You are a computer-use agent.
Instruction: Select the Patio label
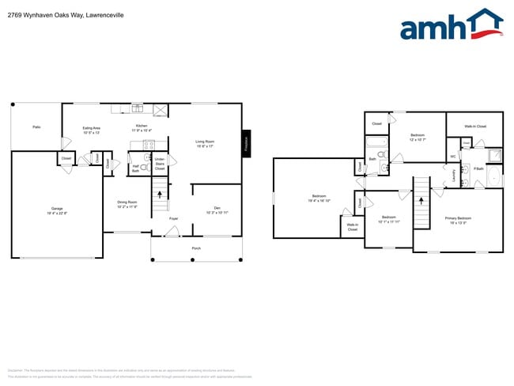click(x=36, y=127)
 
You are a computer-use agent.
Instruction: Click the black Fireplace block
click(x=246, y=144)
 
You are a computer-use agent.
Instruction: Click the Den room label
click(x=217, y=210)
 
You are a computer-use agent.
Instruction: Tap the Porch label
click(x=196, y=248)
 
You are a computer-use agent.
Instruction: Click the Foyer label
click(x=172, y=218)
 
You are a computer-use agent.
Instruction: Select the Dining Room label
click(x=127, y=204)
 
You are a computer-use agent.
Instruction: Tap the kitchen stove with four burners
click(x=148, y=143)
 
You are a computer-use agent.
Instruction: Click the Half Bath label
click(x=135, y=168)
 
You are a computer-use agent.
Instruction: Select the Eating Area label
click(x=92, y=130)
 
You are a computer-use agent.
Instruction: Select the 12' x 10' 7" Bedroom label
click(x=418, y=137)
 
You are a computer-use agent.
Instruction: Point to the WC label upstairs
click(x=452, y=156)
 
